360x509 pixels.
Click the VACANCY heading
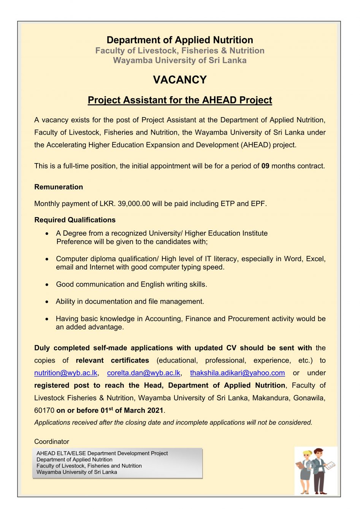[x=180, y=80]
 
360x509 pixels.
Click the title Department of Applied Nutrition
[x=180, y=40]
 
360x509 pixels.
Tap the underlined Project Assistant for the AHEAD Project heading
[x=180, y=100]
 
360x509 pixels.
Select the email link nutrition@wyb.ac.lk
[x=66, y=373]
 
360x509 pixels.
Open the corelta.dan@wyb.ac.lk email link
[x=144, y=373]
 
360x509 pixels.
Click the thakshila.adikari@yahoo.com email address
[x=237, y=373]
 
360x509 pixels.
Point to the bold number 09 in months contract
[x=265, y=166]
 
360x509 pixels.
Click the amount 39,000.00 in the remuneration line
[x=134, y=204]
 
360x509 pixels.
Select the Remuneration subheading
[x=59, y=187]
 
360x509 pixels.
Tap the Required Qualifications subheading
[x=75, y=220]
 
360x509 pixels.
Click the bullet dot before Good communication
[x=47, y=285]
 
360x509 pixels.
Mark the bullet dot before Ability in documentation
[x=47, y=302]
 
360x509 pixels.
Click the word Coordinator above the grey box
[x=52, y=442]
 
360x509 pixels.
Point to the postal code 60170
[x=44, y=411]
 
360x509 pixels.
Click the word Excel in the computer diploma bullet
[x=316, y=259]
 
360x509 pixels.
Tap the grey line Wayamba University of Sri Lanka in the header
[x=180, y=60]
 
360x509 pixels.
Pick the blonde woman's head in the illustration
[x=306, y=455]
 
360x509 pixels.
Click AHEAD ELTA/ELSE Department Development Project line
[x=102, y=454]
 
